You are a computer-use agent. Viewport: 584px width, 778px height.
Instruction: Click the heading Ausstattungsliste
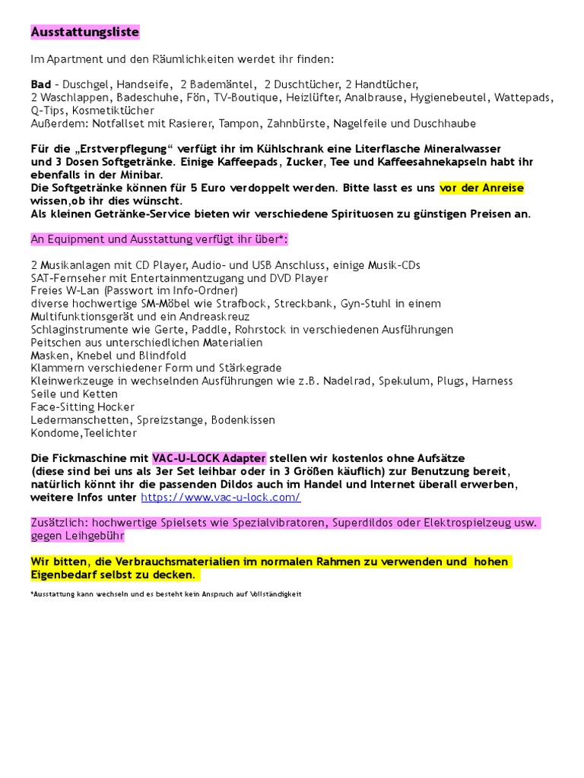coord(84,33)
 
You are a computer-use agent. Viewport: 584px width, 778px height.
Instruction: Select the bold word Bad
coord(41,84)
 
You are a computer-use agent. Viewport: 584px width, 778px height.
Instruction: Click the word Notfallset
coord(110,123)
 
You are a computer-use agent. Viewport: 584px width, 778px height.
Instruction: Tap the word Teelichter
coord(111,433)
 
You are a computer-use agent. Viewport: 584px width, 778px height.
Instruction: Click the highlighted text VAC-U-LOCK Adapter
coord(208,459)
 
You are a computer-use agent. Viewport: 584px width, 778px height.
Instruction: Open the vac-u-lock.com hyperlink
coord(221,498)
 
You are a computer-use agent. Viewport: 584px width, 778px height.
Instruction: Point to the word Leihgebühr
coord(91,536)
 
